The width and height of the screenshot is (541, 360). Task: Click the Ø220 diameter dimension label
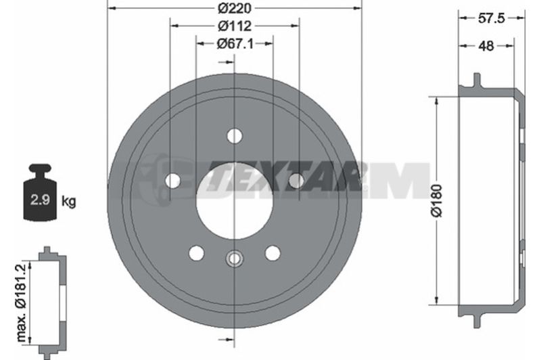click(x=234, y=7)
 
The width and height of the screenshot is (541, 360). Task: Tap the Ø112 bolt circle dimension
click(x=235, y=26)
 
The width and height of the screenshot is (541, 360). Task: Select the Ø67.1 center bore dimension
click(x=235, y=43)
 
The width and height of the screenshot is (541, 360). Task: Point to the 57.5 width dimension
click(x=492, y=18)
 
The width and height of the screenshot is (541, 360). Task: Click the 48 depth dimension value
click(x=486, y=45)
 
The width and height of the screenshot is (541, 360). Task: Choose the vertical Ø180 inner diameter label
click(x=436, y=200)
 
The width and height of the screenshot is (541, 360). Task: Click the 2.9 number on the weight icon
click(x=40, y=200)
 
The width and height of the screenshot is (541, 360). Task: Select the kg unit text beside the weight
click(x=69, y=201)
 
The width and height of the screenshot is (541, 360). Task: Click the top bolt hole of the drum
click(x=235, y=135)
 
